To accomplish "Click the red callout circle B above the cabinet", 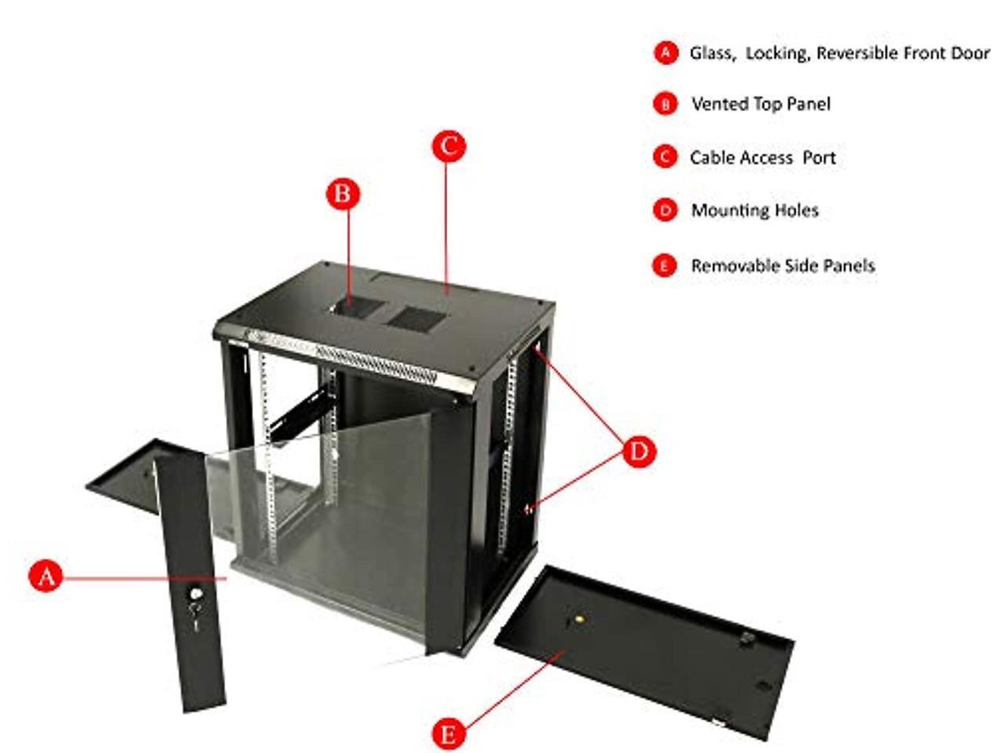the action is pyautogui.click(x=343, y=193).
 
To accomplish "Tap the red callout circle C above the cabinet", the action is pyautogui.click(x=449, y=146).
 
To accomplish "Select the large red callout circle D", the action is pyautogui.click(x=639, y=451).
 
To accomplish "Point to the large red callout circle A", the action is pyautogui.click(x=46, y=577).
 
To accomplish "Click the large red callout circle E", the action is pyautogui.click(x=448, y=734).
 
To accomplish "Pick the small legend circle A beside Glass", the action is pyautogui.click(x=665, y=53).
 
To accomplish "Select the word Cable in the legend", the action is pyautogui.click(x=715, y=158).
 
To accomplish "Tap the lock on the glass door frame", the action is pyautogui.click(x=195, y=595).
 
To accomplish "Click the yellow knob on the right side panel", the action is pyautogui.click(x=579, y=618).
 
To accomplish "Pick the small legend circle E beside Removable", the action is pyautogui.click(x=664, y=266).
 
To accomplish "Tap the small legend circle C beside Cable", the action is pyautogui.click(x=664, y=157).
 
